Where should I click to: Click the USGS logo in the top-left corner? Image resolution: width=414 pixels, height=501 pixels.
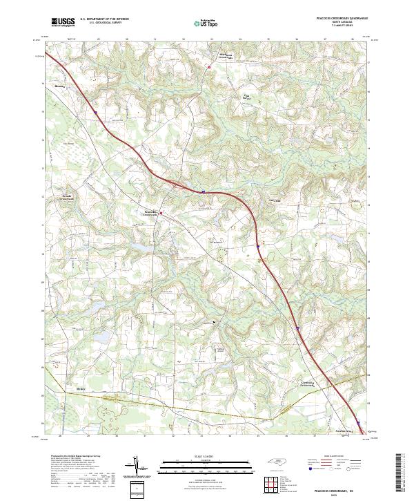63,22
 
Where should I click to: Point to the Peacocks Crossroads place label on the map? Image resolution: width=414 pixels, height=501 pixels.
151,214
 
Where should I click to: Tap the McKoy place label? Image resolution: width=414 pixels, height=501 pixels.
80,389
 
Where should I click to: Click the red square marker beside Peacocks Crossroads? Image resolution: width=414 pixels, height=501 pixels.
161,214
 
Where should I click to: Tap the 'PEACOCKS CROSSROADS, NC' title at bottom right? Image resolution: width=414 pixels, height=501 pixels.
334,489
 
